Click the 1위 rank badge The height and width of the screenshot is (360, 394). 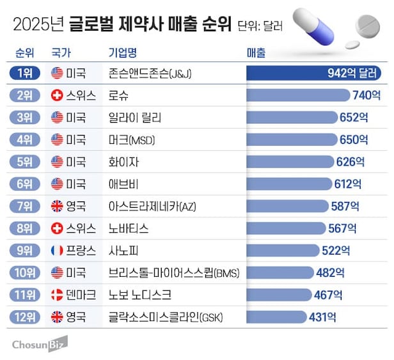[x=24, y=73]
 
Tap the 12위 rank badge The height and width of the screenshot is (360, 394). [x=24, y=317]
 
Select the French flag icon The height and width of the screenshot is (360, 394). [x=57, y=251]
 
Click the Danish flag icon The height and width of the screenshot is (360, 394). [x=57, y=295]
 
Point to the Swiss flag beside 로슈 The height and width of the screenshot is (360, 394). [x=57, y=95]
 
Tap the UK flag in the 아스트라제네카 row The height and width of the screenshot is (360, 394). [x=57, y=207]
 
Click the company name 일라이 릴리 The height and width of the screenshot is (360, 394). [x=135, y=118]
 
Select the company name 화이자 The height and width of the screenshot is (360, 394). [x=123, y=162]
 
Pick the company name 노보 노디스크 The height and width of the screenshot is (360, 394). [x=139, y=295]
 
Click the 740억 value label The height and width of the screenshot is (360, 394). [x=366, y=95]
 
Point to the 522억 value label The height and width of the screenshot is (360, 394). [x=336, y=251]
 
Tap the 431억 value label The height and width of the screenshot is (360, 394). [x=322, y=317]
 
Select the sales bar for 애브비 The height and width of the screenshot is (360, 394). [x=289, y=184]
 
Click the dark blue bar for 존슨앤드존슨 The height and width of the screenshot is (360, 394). [x=313, y=73]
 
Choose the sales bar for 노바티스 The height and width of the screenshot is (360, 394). [x=286, y=228]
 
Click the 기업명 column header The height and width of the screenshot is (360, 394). [x=123, y=53]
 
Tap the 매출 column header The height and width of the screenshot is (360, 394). [x=256, y=53]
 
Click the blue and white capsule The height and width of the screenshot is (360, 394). [x=313, y=26]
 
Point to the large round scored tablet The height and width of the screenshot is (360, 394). [x=368, y=27]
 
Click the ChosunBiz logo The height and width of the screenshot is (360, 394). [x=40, y=344]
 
